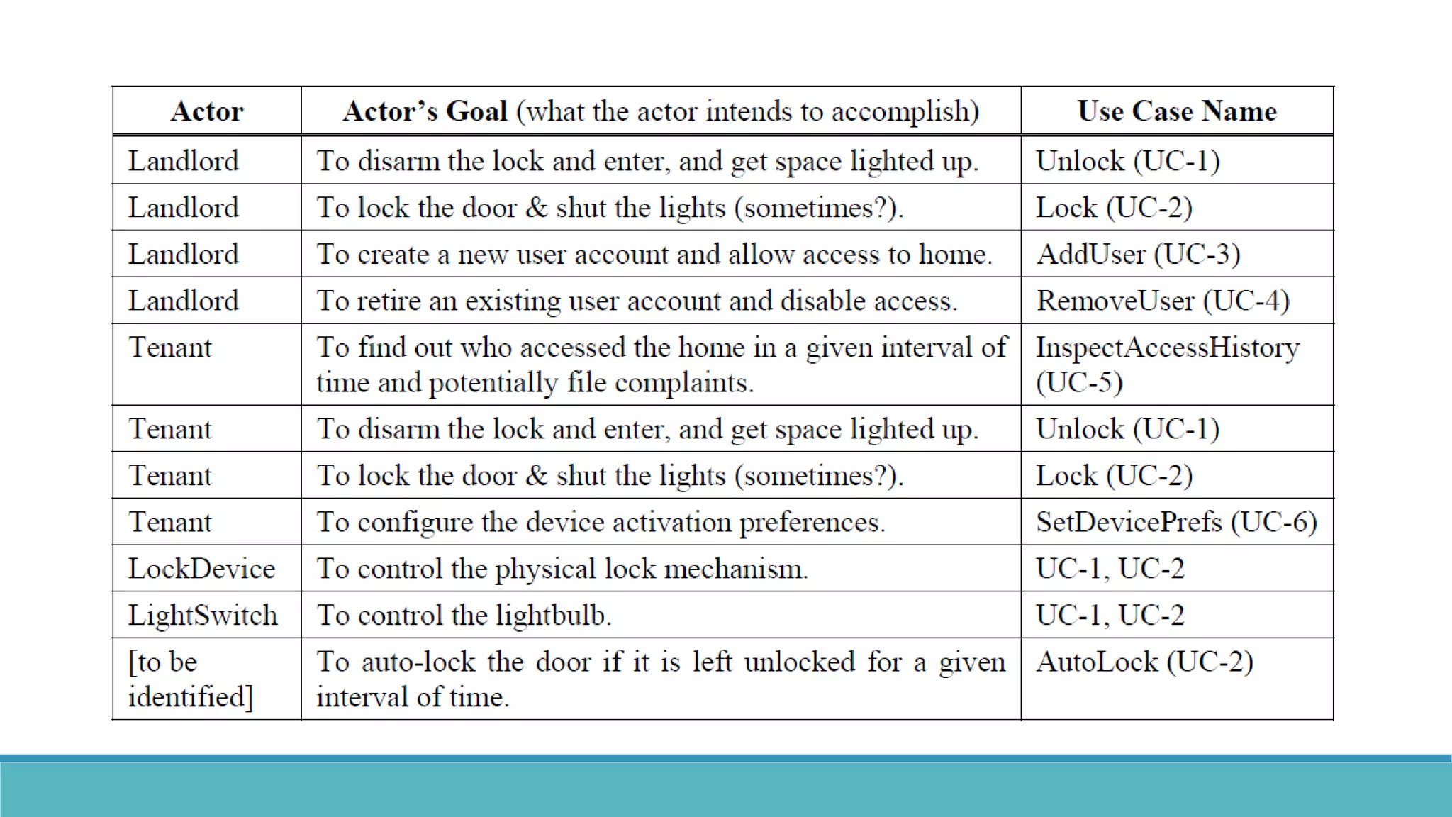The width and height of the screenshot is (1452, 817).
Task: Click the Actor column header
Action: [x=207, y=111]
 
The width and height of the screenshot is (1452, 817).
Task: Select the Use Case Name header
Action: [x=1177, y=111]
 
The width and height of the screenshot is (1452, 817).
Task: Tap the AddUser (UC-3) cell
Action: [x=1138, y=255]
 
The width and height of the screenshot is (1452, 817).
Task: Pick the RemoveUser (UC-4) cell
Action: [x=1163, y=301]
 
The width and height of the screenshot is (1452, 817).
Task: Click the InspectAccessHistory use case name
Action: [x=1168, y=348]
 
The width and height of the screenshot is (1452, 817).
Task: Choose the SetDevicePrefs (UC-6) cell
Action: [x=1176, y=523]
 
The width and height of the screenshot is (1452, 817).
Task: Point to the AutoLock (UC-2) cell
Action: [x=1144, y=662]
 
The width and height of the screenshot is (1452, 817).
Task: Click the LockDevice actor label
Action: [x=201, y=569]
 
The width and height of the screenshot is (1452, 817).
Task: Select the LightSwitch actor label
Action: [x=203, y=616]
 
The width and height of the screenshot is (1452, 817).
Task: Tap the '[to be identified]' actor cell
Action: [x=190, y=679]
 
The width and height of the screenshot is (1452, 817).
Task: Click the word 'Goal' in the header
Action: [x=476, y=111]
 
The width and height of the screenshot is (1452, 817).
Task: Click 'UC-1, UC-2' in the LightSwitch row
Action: [x=1110, y=616]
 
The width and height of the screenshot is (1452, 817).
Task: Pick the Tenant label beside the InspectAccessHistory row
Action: [x=170, y=348]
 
